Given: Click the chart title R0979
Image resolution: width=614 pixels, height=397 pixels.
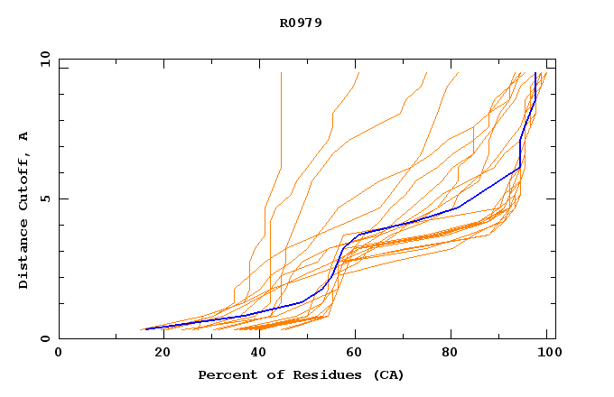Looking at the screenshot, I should (x=301, y=23).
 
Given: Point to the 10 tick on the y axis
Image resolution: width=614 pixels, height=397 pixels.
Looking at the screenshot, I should (x=44, y=59).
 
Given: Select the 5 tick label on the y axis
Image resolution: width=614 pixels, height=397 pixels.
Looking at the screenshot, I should (x=44, y=198).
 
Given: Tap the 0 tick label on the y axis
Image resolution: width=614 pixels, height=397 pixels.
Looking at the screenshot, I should (x=44, y=339).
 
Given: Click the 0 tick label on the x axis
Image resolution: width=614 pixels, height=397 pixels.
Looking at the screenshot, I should (x=59, y=354).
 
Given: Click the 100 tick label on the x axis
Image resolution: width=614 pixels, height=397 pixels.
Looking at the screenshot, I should (x=547, y=354).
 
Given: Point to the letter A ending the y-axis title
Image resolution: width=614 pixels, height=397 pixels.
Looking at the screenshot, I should (x=24, y=136).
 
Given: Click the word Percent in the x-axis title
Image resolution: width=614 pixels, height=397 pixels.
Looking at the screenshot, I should (x=226, y=374).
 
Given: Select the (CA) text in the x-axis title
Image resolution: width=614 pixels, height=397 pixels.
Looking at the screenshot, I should (x=384, y=374).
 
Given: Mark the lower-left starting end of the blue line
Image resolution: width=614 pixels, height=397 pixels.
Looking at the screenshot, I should (x=144, y=329).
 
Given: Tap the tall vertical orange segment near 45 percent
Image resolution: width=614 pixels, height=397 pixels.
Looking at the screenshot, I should (x=281, y=117).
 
